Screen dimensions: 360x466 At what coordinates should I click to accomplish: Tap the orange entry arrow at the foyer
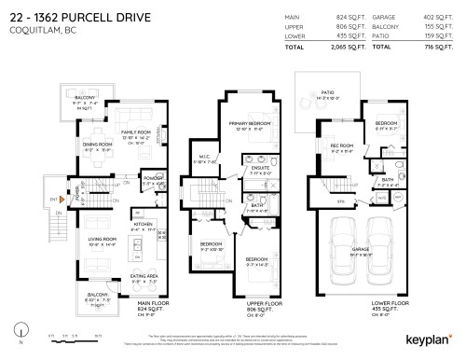click(x=63, y=199)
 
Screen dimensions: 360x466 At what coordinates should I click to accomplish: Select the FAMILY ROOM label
click(x=122, y=134)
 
